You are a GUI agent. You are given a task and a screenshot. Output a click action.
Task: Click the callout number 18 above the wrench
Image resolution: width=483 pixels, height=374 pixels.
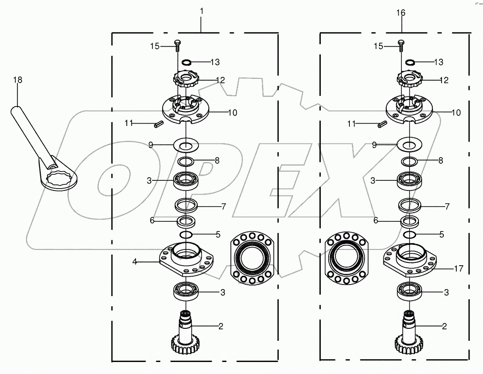[18, 80]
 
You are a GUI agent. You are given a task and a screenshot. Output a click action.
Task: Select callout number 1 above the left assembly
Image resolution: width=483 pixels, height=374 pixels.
[201, 10]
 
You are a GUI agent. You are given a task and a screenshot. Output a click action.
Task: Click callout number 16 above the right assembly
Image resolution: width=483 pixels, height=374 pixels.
[401, 12]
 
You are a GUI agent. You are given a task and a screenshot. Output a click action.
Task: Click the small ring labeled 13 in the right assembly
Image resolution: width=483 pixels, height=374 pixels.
[410, 62]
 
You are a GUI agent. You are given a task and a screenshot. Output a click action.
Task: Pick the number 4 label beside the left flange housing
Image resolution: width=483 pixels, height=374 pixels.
[135, 261]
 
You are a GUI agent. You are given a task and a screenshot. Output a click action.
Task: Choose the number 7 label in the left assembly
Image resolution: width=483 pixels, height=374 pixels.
[223, 206]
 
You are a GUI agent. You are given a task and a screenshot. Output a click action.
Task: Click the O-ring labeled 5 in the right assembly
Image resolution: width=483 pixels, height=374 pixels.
[409, 235]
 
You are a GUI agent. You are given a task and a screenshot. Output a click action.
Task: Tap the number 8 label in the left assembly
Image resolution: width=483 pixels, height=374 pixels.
[217, 160]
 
